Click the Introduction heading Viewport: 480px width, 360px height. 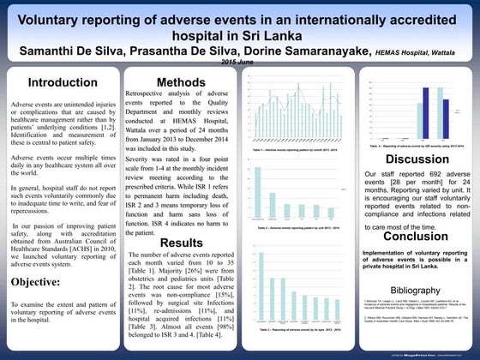click(x=62, y=82)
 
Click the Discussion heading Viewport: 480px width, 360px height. click(x=417, y=159)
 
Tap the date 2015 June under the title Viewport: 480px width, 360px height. click(x=239, y=63)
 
